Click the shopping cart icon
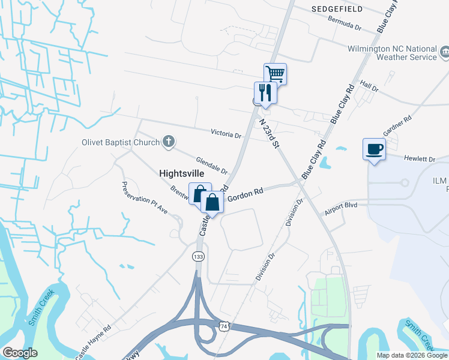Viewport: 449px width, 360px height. [275, 74]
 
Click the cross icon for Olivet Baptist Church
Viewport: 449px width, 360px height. [169, 142]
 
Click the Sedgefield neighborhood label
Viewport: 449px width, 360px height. [336, 10]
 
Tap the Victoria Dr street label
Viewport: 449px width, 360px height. [226, 134]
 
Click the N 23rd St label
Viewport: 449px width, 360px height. [270, 133]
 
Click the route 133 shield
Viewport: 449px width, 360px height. [198, 256]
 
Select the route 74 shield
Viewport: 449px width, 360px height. [224, 325]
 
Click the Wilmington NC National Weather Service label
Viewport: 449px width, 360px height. [393, 53]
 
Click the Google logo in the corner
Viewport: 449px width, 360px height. [20, 352]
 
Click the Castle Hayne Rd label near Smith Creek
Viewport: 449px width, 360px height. [93, 343]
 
